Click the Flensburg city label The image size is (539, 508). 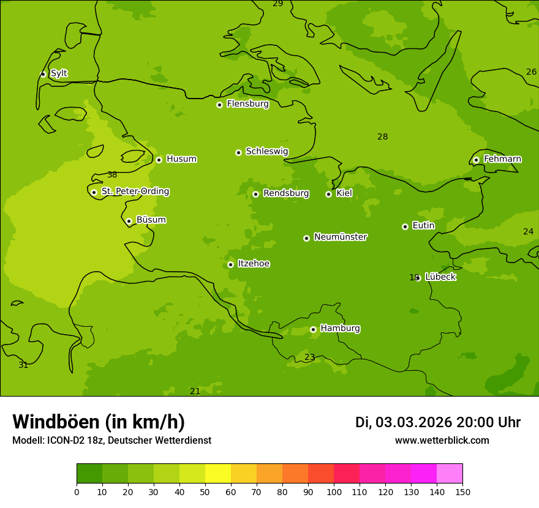[x=247, y=104]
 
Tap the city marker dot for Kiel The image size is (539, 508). [x=328, y=194]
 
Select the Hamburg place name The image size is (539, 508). [x=340, y=329]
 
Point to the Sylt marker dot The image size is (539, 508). [x=43, y=74]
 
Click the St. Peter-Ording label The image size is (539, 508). [x=135, y=192]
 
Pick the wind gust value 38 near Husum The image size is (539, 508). [x=112, y=175]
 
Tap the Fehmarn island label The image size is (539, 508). [x=502, y=159]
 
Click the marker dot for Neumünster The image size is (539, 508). [x=306, y=238]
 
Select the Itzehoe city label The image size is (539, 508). [x=254, y=264]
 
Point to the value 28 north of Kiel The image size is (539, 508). [x=382, y=137]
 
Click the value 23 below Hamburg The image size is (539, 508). [x=309, y=357]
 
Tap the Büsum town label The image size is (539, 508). [x=151, y=220]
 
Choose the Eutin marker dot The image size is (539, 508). [x=405, y=226]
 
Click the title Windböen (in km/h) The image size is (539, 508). [x=99, y=422]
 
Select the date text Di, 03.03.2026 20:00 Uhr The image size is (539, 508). [x=437, y=422]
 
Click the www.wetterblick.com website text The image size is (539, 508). [x=442, y=441]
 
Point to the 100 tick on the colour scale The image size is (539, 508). [x=334, y=491]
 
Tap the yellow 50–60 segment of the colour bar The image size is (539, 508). [x=218, y=474]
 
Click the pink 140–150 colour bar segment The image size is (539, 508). [x=450, y=474]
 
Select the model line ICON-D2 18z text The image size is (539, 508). [x=111, y=441]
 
